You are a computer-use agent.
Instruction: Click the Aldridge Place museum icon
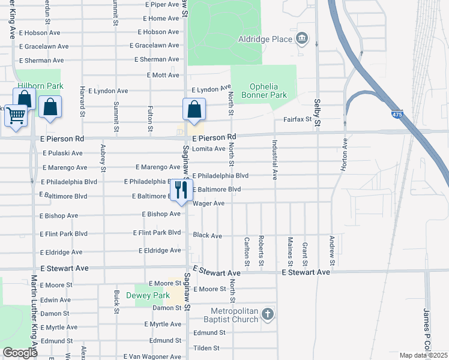[x=302, y=40]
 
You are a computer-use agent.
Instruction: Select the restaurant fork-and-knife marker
[x=181, y=190]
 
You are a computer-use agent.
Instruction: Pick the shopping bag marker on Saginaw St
[x=194, y=110]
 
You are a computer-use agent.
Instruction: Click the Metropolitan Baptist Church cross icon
[x=268, y=314]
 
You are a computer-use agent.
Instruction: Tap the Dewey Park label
[x=148, y=295]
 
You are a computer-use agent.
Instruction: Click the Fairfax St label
[x=298, y=119]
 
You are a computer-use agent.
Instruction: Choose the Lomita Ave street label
[x=208, y=149]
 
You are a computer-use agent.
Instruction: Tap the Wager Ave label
[x=208, y=203]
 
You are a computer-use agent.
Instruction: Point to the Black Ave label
[x=208, y=235]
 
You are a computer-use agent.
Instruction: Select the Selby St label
[x=316, y=112]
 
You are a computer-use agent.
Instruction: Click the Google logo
[x=20, y=353]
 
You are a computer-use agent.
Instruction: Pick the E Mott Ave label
[x=163, y=76]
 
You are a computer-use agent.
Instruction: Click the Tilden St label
[x=206, y=348]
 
